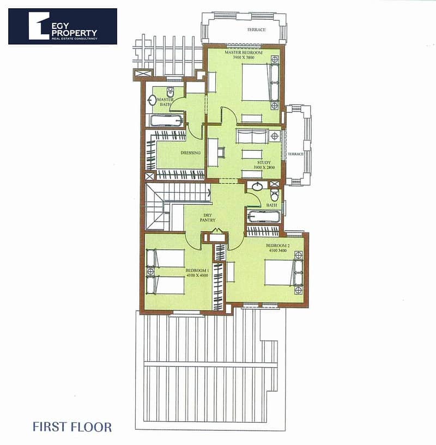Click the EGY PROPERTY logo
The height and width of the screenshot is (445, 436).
coord(63,26)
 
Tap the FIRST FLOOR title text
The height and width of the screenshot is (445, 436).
coord(72,427)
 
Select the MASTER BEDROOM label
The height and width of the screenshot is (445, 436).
coord(244,52)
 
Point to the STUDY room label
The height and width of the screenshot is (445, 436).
coord(264,163)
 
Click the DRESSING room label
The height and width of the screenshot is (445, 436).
coord(191,153)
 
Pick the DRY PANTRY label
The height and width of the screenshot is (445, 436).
coord(208,218)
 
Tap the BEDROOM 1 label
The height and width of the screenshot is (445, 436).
coord(197,271)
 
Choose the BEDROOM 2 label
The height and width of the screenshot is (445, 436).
coord(277,246)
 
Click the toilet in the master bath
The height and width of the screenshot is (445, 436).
coord(170,92)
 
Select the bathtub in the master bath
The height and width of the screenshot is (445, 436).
coord(166,121)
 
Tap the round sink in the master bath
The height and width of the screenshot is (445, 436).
coord(152,100)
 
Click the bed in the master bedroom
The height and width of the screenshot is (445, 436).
coord(260,82)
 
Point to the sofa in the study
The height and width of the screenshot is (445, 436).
coord(252,136)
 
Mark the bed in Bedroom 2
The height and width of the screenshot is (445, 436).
coord(283,272)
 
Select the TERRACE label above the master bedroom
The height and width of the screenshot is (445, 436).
coord(256,29)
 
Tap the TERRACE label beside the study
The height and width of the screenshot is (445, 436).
coord(295,154)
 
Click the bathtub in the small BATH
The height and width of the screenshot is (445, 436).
coord(264,217)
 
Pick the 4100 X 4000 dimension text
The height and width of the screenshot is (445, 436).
coord(197,275)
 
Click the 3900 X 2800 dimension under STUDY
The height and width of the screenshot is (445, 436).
coord(264,167)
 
